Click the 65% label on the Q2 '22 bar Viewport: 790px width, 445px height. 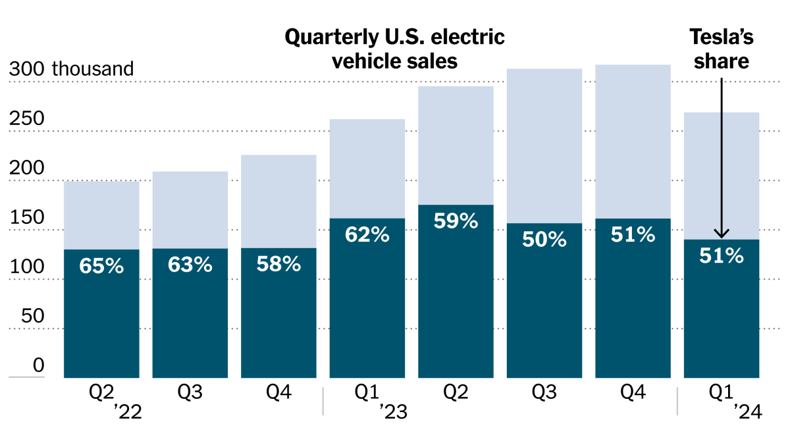[x=101, y=267]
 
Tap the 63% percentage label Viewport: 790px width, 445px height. [x=190, y=265]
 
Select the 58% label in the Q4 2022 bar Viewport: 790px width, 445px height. [x=278, y=265]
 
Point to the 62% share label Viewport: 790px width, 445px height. [x=367, y=234]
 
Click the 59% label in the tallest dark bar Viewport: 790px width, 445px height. [x=456, y=221]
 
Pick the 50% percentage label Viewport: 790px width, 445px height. [x=544, y=240]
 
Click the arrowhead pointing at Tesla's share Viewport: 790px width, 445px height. [x=722, y=233]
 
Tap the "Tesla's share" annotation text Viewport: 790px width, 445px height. [x=722, y=49]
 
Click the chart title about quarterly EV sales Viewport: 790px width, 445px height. [x=394, y=49]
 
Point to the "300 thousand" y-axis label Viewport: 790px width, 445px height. [x=71, y=69]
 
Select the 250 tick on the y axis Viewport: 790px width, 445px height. [x=26, y=119]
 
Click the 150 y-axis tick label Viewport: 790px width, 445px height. [x=26, y=218]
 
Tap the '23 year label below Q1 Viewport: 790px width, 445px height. [x=393, y=413]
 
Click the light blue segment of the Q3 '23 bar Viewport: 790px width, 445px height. [x=544, y=145]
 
